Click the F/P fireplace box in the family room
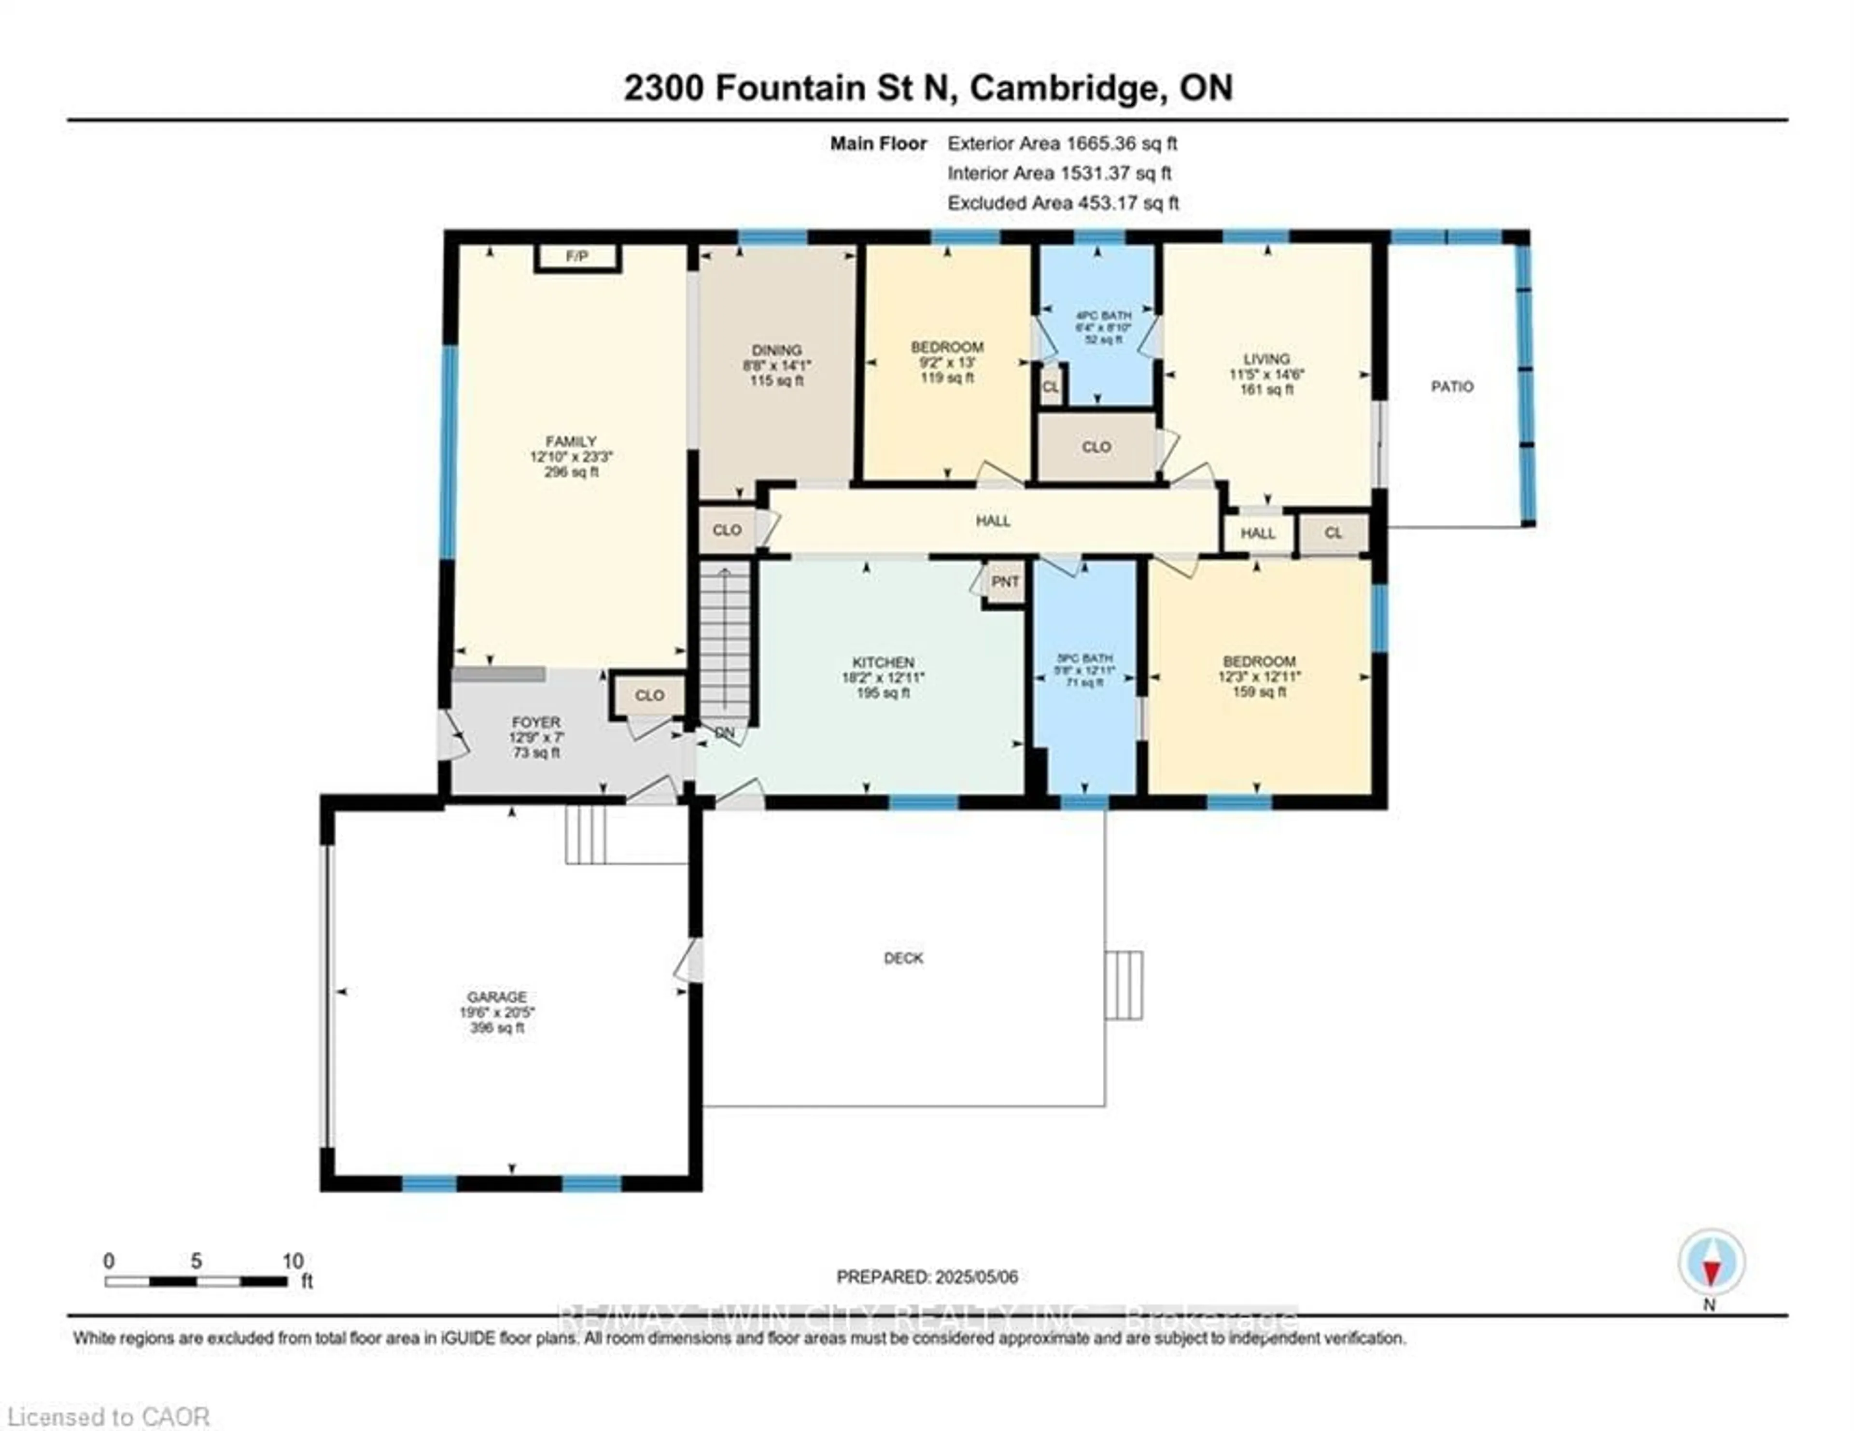pos(577,256)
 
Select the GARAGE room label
pos(497,996)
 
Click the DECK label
pos(903,958)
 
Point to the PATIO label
pos(1452,386)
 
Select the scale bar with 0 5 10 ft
pos(197,1281)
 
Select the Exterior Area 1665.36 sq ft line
pos(1062,143)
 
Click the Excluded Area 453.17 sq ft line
pos(1063,203)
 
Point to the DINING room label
pos(776,350)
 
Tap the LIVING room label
pos(1266,359)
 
